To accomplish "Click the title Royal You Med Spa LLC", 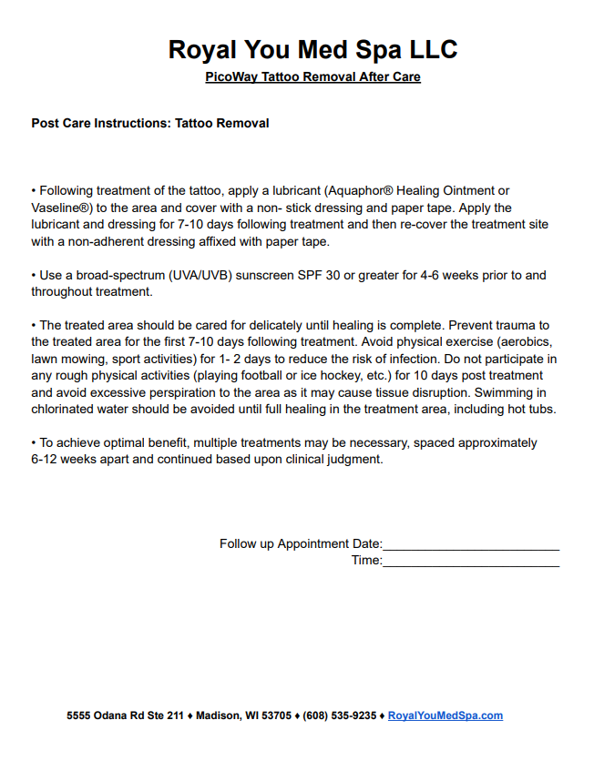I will click(312, 49).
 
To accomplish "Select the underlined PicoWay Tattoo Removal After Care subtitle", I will click(312, 77).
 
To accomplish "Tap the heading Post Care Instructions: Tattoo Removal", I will click(150, 123).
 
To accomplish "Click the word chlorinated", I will click(67, 409).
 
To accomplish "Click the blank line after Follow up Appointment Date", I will click(471, 544).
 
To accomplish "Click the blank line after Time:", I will click(471, 561).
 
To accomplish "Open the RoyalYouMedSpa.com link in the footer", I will click(445, 715).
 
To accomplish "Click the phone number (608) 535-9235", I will click(339, 715).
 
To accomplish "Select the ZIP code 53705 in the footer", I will click(276, 715).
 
